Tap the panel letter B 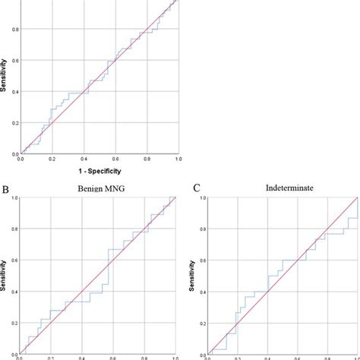tap(5, 185)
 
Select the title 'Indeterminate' tap(280, 186)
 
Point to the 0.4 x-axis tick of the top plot tap(83, 159)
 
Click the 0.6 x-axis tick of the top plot tap(115, 159)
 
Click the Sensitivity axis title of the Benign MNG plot tap(5, 277)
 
